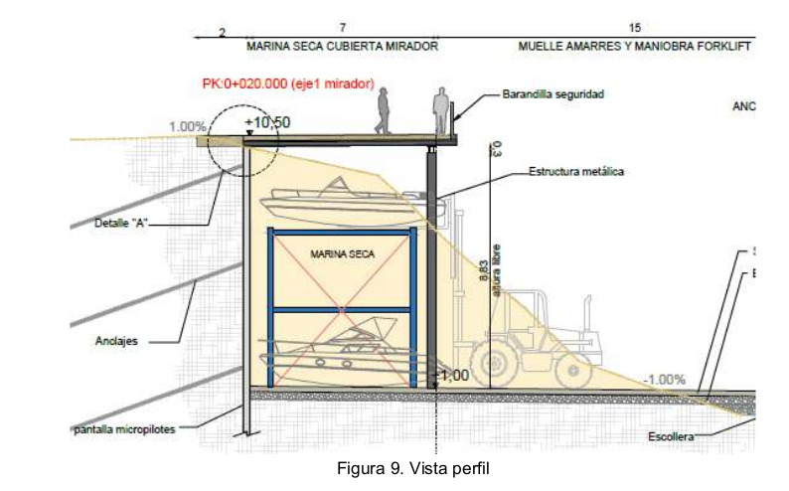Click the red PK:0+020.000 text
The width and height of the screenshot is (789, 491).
[x=287, y=85]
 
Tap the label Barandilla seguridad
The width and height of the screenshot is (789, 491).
[x=552, y=94]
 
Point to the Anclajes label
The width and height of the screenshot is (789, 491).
[x=117, y=341]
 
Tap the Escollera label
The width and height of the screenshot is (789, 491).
[x=671, y=436]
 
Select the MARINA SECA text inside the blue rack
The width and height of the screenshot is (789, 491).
[x=342, y=255]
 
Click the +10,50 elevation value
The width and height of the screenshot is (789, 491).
[x=267, y=121]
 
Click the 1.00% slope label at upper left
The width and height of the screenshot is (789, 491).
[x=188, y=127]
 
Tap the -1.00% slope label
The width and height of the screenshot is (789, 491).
[x=663, y=380]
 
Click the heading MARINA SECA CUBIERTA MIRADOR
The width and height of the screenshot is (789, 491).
[x=342, y=47]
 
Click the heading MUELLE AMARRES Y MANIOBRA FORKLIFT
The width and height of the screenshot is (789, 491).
[x=634, y=47]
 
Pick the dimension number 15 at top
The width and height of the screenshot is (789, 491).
[x=634, y=28]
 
